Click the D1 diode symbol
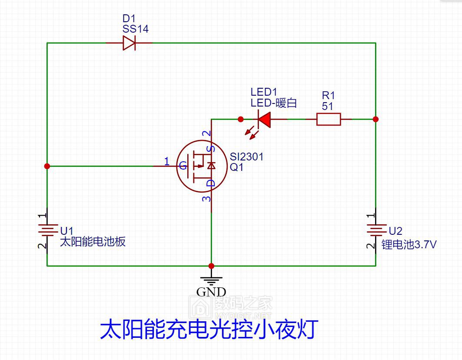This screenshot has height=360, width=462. [x=129, y=43]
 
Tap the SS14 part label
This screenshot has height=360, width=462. [x=136, y=29]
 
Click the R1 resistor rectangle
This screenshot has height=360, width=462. [x=329, y=119]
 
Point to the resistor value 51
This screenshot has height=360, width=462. [x=327, y=106]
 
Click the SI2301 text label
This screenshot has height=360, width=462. [x=246, y=157]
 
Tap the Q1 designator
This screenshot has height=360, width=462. [x=236, y=167]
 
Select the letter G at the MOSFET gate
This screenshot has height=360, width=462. [x=183, y=166]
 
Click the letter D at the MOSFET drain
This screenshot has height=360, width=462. [x=211, y=183]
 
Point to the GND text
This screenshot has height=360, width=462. [x=211, y=292]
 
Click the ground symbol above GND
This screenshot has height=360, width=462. [x=211, y=280]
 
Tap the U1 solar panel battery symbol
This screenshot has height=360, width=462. [x=47, y=230]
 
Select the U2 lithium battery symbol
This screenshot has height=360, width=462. [x=376, y=230]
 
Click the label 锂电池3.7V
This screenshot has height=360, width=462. [x=409, y=244]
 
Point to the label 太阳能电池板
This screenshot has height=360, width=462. [x=93, y=241]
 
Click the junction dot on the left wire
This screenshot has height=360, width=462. [x=47, y=166]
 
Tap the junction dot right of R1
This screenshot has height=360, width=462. [x=376, y=119]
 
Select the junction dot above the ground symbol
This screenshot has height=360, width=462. [x=211, y=266]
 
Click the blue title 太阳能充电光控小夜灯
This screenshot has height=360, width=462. [x=209, y=329]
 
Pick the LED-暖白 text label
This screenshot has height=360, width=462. [x=273, y=103]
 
